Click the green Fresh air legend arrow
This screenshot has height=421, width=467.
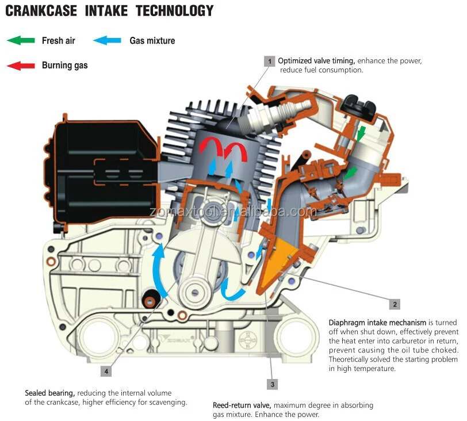pyautogui.click(x=20, y=40)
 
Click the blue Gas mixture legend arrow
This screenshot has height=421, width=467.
pyautogui.click(x=107, y=40)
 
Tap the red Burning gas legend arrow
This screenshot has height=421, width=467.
pyautogui.click(x=20, y=65)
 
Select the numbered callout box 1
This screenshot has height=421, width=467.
pyautogui.click(x=269, y=61)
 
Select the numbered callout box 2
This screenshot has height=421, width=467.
pyautogui.click(x=395, y=304)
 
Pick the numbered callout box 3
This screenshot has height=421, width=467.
pyautogui.click(x=273, y=384)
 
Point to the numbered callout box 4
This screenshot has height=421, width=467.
pyautogui.click(x=106, y=355)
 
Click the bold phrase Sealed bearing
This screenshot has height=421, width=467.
pyautogui.click(x=49, y=393)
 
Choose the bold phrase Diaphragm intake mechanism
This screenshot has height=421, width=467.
pyautogui.click(x=377, y=322)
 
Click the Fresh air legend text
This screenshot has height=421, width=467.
pyautogui.click(x=58, y=40)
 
